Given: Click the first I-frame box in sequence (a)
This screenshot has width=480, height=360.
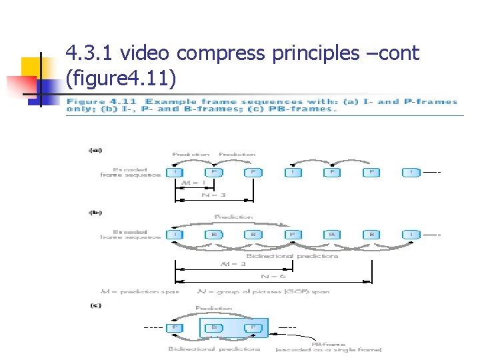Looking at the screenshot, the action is click(x=175, y=172).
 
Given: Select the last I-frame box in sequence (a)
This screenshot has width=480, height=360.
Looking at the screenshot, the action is click(x=411, y=172).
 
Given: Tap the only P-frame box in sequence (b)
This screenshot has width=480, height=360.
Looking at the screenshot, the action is click(x=292, y=235).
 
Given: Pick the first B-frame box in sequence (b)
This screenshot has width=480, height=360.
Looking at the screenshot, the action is click(x=214, y=235).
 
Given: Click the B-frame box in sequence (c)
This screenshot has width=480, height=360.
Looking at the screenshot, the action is click(x=214, y=327).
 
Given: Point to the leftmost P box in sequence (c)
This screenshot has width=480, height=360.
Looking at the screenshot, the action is click(x=175, y=327).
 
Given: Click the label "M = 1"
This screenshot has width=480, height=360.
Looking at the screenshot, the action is click(x=195, y=183).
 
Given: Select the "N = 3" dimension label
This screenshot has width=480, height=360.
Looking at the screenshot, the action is click(x=214, y=195).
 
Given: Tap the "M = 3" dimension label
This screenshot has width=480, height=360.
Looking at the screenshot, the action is click(x=233, y=263).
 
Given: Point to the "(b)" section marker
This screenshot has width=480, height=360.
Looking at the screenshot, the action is click(x=95, y=213).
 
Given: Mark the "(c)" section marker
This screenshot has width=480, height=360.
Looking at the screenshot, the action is click(x=95, y=305).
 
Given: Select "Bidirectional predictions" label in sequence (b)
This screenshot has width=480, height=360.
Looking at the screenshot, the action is click(x=292, y=255).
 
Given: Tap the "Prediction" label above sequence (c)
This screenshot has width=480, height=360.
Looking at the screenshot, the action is click(x=214, y=308).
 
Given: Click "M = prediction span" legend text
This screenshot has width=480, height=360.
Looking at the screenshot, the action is click(x=139, y=291).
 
